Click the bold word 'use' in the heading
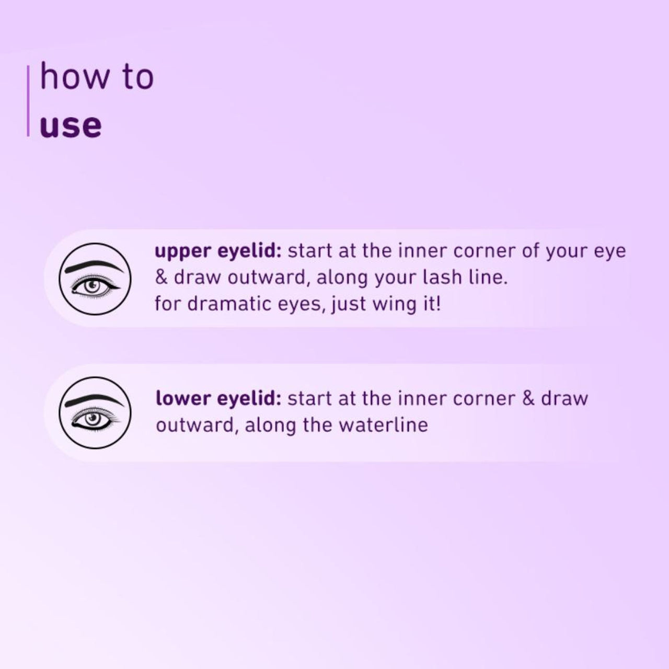pyautogui.click(x=71, y=126)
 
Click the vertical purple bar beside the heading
pyautogui.click(x=28, y=100)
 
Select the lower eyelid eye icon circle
pyautogui.click(x=95, y=412)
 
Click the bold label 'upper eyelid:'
pyautogui.click(x=218, y=252)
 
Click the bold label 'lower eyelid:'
pyautogui.click(x=218, y=399)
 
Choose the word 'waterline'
pyautogui.click(x=383, y=425)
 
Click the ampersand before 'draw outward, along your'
pyautogui.click(x=162, y=278)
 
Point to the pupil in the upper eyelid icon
pyautogui.click(x=93, y=286)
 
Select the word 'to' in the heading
pyautogui.click(x=138, y=77)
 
